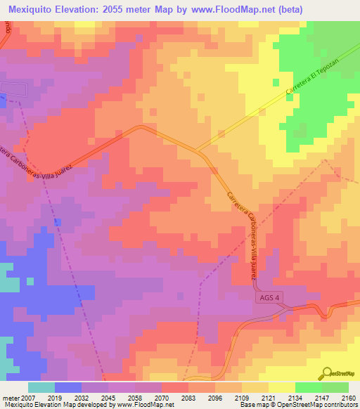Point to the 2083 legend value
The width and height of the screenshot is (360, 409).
click(188, 397)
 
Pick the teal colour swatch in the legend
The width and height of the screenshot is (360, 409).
click(41, 387)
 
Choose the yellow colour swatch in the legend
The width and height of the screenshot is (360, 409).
click(281, 387)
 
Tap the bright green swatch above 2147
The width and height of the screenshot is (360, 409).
click(308, 387)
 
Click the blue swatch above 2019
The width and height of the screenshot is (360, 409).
click(68, 387)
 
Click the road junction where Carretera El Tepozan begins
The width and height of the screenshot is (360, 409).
click(196, 150)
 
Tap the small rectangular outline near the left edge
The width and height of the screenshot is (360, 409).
click(14, 90)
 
